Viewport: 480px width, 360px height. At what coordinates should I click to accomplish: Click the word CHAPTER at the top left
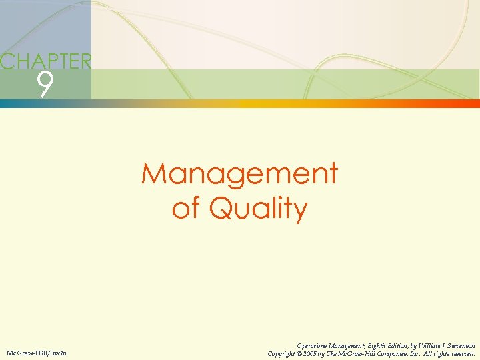click(45, 62)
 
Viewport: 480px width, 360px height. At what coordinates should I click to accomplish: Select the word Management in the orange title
click(239, 175)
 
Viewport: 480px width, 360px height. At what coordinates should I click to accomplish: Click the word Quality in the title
click(258, 209)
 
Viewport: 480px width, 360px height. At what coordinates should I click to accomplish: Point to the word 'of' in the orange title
click(187, 209)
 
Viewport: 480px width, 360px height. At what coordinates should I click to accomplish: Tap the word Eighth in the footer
click(381, 345)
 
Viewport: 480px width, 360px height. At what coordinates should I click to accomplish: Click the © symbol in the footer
click(302, 353)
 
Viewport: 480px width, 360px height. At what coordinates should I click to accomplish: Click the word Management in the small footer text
click(347, 345)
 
